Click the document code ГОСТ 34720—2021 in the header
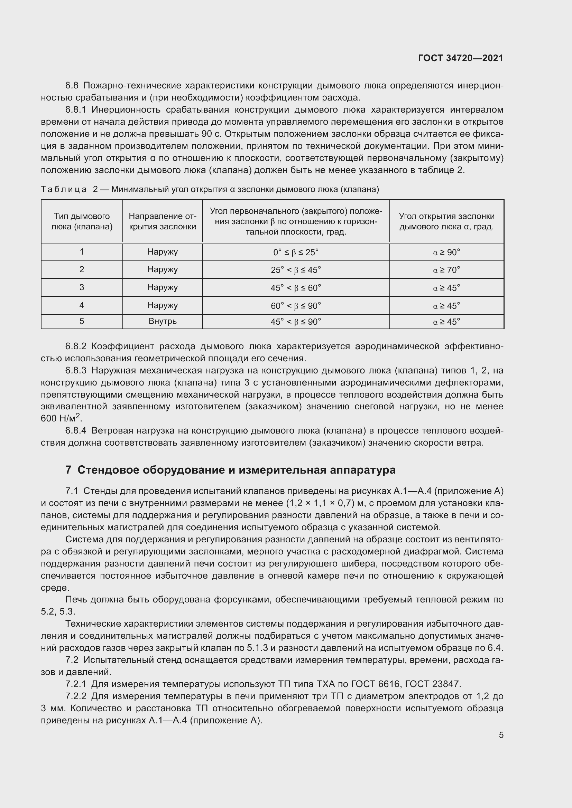[460, 58]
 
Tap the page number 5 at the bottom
[501, 735]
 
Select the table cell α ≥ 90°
[446, 252]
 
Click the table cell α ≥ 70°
[446, 270]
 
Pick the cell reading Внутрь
[163, 321]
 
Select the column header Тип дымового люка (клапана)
[82, 221]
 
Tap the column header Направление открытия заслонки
[163, 221]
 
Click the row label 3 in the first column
[82, 287]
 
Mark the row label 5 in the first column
[82, 321]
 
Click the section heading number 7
[68, 470]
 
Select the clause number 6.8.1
[75, 110]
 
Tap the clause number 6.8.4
[75, 431]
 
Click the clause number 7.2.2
[75, 696]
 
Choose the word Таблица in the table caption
[64, 189]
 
